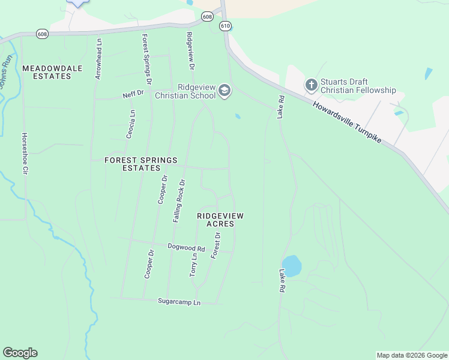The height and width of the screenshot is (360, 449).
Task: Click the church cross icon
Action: click(311, 85)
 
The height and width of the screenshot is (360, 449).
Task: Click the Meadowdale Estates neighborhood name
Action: click(52, 73)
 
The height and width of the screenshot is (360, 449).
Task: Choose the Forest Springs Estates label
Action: click(141, 164)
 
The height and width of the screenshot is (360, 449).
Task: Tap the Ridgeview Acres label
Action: click(220, 219)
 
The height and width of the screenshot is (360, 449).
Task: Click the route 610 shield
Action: click(226, 26)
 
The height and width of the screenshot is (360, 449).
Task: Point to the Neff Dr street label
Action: click(133, 94)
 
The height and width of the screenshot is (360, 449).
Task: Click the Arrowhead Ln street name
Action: click(99, 59)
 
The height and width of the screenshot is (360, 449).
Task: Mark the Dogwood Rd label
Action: click(186, 248)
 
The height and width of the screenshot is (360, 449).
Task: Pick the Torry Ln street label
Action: click(193, 264)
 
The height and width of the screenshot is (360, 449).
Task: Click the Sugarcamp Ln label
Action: click(179, 302)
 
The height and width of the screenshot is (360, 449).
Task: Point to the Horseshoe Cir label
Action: click(25, 154)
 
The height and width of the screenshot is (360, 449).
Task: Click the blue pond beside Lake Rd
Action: click(292, 266)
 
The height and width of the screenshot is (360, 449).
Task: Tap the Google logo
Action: click(20, 353)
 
